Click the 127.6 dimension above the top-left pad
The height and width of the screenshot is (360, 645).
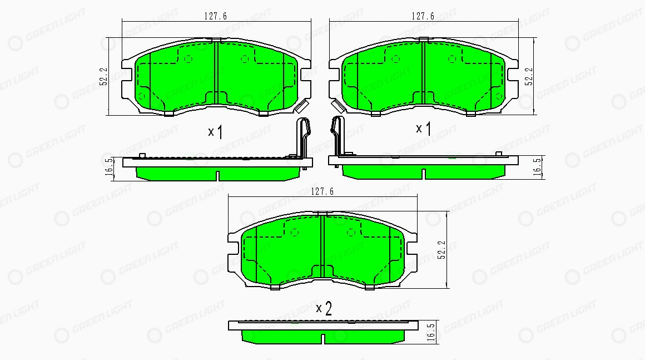point(216,16)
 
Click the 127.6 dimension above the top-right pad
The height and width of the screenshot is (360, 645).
point(423,16)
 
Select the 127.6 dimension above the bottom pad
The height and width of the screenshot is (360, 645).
point(322,191)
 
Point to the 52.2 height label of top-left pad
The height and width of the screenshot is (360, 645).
point(103,77)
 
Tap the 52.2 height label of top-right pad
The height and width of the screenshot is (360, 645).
point(529,77)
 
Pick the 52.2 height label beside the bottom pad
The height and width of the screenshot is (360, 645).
point(442,250)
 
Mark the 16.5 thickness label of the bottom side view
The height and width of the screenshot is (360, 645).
point(431,332)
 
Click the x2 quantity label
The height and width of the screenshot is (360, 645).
point(324,308)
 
